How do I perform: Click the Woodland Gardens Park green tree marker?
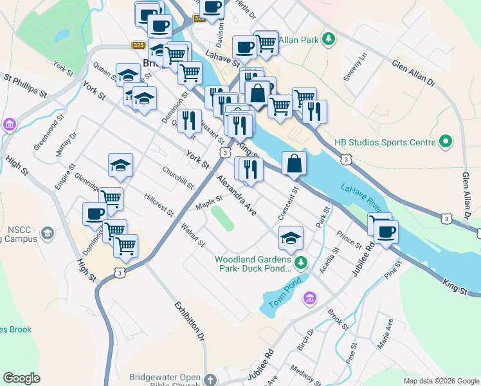(x=300, y=262)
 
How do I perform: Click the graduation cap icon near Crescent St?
(x=291, y=237)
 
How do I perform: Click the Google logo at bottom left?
(x=21, y=378)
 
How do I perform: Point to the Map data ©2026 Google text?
(x=441, y=381)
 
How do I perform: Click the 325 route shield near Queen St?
(x=138, y=45)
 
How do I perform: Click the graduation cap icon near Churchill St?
(x=120, y=165)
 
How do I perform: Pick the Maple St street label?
(x=209, y=203)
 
